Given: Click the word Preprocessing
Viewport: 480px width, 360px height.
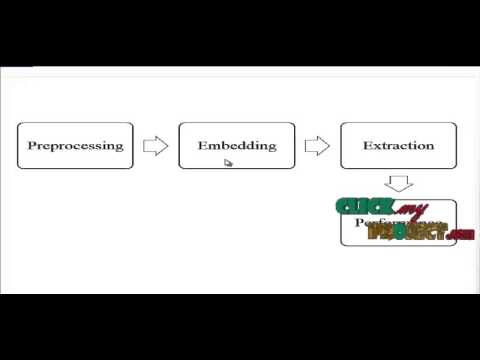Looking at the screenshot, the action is coord(75,146).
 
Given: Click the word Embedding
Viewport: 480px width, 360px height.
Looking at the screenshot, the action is coord(237,146).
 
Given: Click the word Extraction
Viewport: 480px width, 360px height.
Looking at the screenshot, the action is coord(399,146).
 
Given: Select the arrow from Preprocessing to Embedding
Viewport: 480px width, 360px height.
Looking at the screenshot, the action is coord(155,146).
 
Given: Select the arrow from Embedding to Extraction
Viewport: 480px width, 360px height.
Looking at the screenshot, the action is coord(317,146).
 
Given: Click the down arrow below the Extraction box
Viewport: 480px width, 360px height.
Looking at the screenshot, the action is coord(399,183).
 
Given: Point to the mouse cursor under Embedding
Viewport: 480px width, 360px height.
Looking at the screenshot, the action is coord(228,163).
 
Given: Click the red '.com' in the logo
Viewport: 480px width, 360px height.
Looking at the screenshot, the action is coord(461,235).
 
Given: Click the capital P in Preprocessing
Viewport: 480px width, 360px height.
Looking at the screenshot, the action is coord(32,146).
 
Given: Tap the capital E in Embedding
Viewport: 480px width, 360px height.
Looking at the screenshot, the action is coord(203,146).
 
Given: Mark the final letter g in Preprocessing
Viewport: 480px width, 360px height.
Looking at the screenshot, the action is coord(119,148).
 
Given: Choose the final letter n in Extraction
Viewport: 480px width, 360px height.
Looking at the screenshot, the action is coord(430,146).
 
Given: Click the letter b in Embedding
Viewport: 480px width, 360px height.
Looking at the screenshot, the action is coord(226,146).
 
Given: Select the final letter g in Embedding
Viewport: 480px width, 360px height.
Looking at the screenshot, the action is coord(271,148).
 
